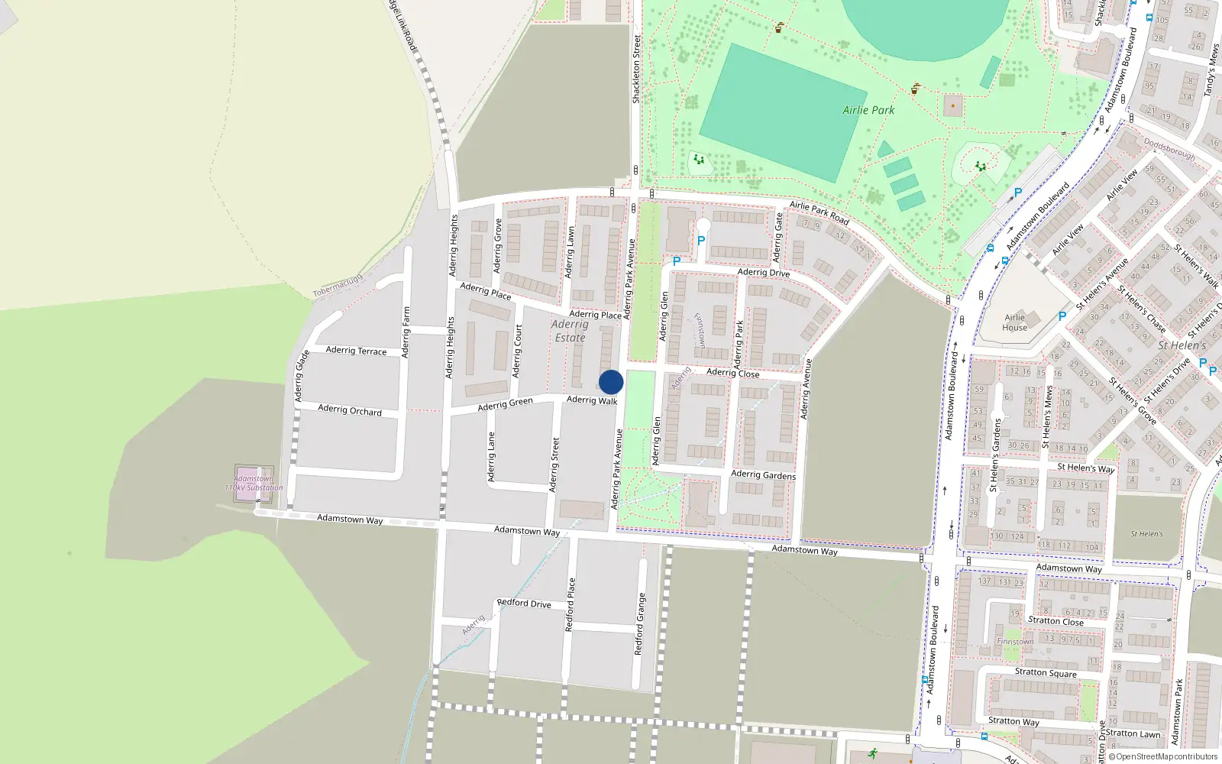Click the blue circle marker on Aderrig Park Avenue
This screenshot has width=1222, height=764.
pos(611,382)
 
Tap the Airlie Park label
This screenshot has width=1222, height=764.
pos(868,110)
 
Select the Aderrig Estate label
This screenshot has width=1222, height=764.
pos(570,331)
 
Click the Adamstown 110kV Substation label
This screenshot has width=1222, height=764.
pos(254,484)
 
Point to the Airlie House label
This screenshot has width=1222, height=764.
pos(1015,322)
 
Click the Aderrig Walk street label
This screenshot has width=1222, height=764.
pos(592,400)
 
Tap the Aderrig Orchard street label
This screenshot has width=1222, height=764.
pos(350,410)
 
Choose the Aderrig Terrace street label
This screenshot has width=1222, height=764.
pos(356,351)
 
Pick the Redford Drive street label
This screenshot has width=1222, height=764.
pos(524,603)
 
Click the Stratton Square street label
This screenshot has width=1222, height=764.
pos(1046,673)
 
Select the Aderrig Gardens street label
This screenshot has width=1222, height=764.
pos(763,474)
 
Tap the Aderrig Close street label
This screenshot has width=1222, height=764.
pos(732,373)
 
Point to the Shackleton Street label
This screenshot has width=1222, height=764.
pos(636,69)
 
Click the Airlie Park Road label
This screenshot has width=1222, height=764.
pos(819,212)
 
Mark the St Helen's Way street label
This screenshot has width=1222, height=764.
pos(1085,468)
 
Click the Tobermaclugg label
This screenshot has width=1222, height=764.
pos(337,286)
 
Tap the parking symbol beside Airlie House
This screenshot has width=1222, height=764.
pos(1062,316)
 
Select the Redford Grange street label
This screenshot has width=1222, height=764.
pos(640,623)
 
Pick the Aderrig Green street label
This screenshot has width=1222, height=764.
pos(505,404)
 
